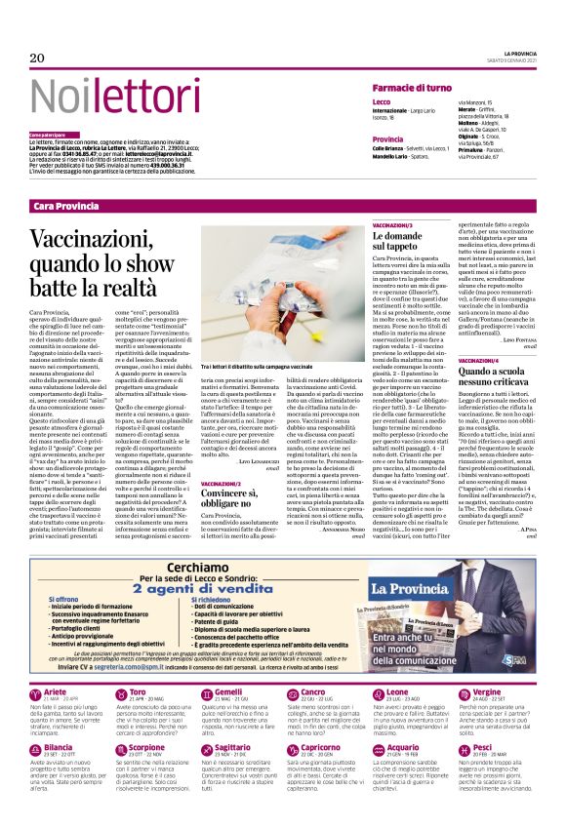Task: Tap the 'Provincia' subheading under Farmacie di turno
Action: coord(387,139)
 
